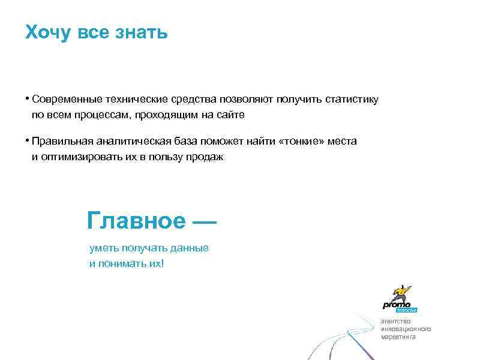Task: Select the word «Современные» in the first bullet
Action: [x=68, y=99]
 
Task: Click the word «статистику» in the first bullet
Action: [x=352, y=99]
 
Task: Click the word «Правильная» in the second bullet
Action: [x=62, y=142]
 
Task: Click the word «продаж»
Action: [x=207, y=157]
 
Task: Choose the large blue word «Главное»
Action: [x=136, y=221]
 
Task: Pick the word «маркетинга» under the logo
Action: [x=398, y=337]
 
